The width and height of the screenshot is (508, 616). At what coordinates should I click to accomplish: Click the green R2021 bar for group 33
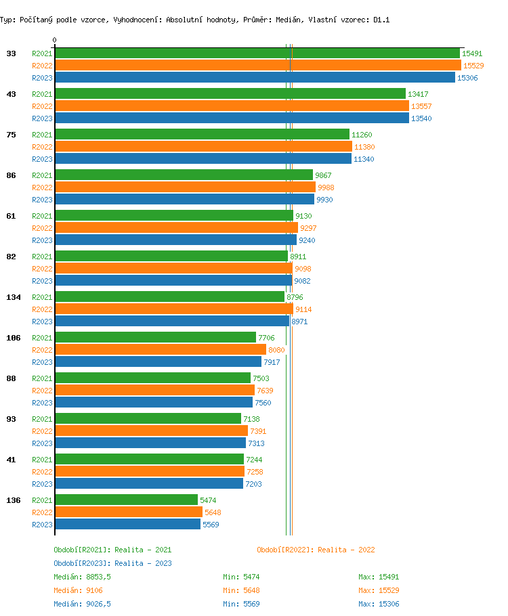(257, 53)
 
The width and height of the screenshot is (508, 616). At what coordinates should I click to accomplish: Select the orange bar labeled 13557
(232, 106)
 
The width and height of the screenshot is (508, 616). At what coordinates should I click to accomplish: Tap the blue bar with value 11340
(203, 159)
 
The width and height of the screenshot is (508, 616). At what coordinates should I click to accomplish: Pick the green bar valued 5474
(126, 500)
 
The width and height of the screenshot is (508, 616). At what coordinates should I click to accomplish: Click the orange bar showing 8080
(161, 350)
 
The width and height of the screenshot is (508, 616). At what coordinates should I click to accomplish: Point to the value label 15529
(473, 66)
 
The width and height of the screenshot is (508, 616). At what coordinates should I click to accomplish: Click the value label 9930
(325, 200)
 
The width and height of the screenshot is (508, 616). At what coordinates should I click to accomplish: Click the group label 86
(11, 175)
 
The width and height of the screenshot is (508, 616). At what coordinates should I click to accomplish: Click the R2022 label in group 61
(42, 228)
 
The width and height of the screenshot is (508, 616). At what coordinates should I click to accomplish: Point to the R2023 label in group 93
(42, 443)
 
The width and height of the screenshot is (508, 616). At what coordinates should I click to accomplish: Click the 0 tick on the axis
(55, 41)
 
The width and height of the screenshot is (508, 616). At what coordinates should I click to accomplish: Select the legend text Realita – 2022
(346, 550)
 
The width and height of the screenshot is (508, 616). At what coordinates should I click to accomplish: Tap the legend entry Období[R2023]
(82, 563)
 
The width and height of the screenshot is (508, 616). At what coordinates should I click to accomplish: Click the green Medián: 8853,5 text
(82, 577)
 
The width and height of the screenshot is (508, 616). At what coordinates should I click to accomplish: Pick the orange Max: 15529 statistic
(379, 590)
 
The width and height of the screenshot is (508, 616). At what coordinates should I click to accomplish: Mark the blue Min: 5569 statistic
(241, 604)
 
